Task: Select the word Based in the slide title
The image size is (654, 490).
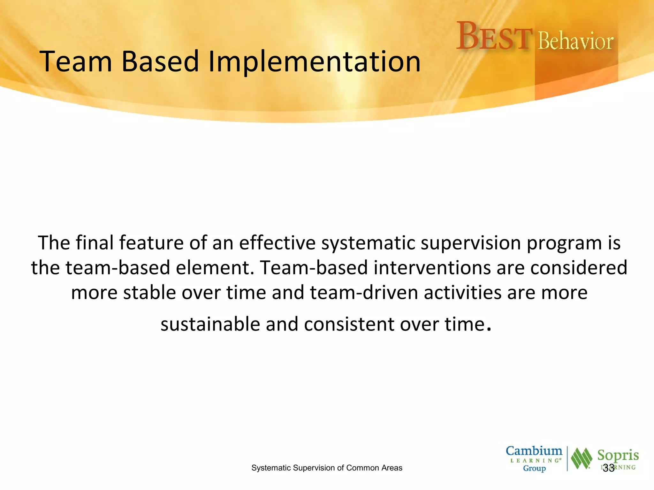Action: point(160,61)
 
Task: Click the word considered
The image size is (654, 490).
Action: point(579,268)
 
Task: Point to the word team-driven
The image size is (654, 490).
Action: point(364,293)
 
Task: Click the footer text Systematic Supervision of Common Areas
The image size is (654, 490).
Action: point(327,468)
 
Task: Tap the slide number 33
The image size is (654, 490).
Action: point(609,468)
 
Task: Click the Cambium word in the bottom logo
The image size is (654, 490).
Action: point(534,451)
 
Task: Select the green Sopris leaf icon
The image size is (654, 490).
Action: point(581,459)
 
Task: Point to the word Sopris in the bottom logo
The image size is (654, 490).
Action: point(618,456)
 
